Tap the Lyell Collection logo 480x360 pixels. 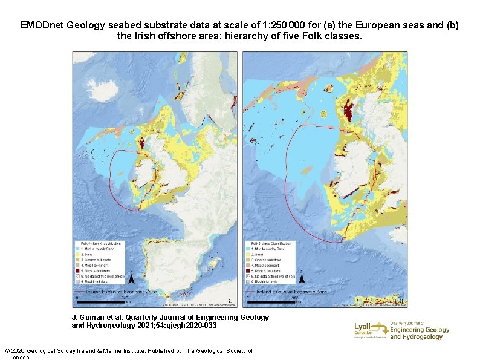tap(371, 330)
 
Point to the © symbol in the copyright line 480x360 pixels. tap(7, 351)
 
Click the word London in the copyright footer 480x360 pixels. tap(19, 357)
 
